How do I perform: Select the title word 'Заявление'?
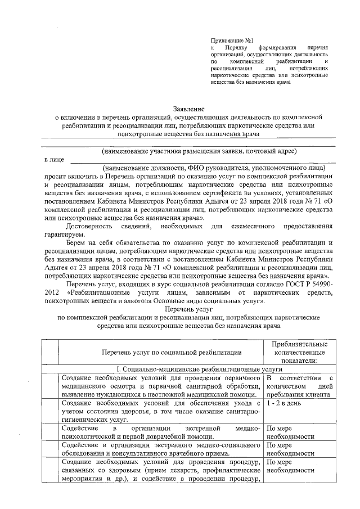[x=188, y=108]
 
